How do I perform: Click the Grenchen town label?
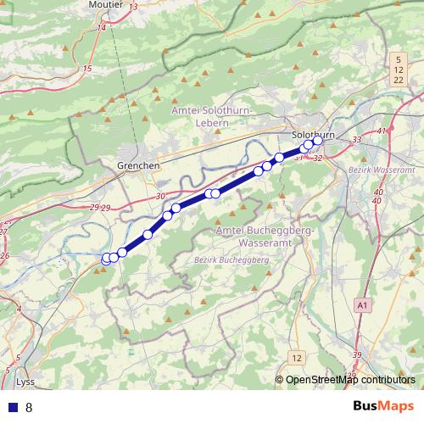pyautogui.click(x=139, y=165)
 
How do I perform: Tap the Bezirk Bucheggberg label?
pyautogui.click(x=232, y=259)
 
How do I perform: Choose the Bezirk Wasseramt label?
pyautogui.click(x=378, y=170)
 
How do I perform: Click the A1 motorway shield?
pyautogui.click(x=364, y=304)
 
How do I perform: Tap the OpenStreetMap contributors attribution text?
pyautogui.click(x=350, y=380)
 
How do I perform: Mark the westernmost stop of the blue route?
pyautogui.click(x=107, y=258)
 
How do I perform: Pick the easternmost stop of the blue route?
pyautogui.click(x=318, y=142)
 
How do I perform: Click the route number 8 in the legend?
pyautogui.click(x=29, y=407)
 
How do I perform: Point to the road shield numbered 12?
pyautogui.click(x=294, y=357)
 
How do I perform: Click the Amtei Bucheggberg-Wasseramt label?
pyautogui.click(x=265, y=236)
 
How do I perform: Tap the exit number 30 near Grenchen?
pyautogui.click(x=161, y=197)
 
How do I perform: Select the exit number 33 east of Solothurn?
pyautogui.click(x=356, y=139)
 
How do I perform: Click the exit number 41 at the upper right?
pyautogui.click(x=382, y=131)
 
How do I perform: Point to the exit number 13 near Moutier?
pyautogui.click(x=134, y=7)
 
